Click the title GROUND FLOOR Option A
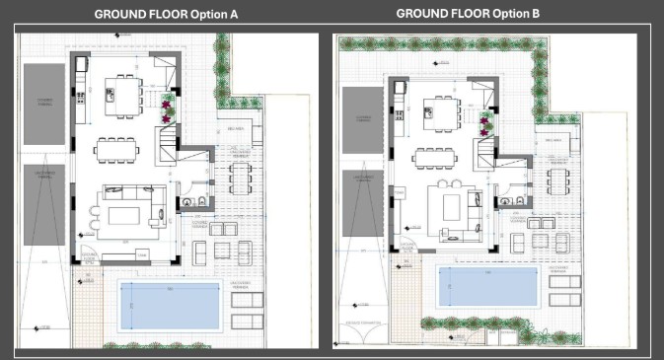pyautogui.click(x=166, y=15)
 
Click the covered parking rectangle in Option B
pyautogui.click(x=360, y=119)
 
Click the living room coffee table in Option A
pyautogui.click(x=125, y=214)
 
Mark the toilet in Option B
pyautogui.click(x=517, y=200)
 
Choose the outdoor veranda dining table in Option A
pyautogui.click(x=241, y=177)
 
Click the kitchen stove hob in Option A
pyautogui.click(x=79, y=96)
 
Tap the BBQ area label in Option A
pyautogui.click(x=236, y=127)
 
